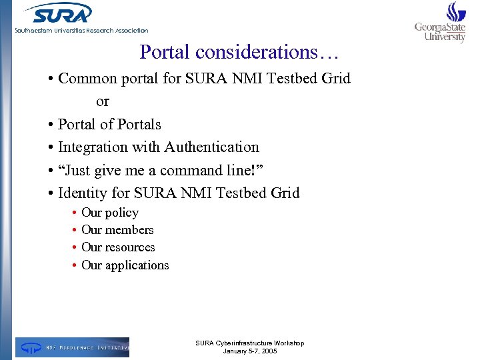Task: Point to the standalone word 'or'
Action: point(102,101)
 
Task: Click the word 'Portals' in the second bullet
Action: point(139,125)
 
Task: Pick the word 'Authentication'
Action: point(211,147)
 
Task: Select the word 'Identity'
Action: point(82,193)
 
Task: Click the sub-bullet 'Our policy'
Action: point(110,213)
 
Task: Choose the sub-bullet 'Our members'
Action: point(117,230)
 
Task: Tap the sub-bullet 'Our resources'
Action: point(118,247)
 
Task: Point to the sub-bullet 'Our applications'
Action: point(125,265)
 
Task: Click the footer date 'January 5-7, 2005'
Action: point(250,351)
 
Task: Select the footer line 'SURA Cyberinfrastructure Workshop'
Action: point(250,343)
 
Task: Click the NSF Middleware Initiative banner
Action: point(73,347)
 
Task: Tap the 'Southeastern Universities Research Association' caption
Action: point(82,30)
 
